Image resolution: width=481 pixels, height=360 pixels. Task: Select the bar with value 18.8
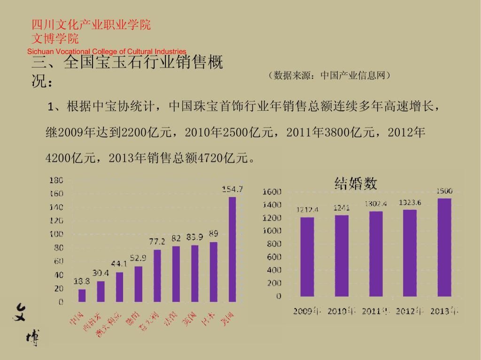(82, 295)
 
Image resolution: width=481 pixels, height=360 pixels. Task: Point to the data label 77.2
(157, 242)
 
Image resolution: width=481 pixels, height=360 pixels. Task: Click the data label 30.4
(101, 273)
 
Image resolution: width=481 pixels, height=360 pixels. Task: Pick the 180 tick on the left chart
(56, 180)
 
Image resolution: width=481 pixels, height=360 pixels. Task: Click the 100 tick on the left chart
(56, 234)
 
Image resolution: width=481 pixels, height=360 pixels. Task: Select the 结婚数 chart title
(356, 183)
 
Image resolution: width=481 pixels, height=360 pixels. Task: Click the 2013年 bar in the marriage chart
(444, 247)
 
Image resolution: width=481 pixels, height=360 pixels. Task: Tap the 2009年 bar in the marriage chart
(307, 257)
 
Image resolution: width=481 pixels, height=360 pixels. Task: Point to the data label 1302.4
(376, 204)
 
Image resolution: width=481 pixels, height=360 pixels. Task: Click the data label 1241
(341, 207)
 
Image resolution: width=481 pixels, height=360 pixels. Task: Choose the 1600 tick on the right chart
(272, 191)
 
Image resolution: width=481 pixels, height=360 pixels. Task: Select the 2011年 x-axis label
(376, 311)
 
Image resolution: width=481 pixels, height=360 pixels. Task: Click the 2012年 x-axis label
(410, 311)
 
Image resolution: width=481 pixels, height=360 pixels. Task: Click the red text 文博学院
(55, 38)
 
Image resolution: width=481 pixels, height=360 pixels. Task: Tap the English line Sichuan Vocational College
(107, 51)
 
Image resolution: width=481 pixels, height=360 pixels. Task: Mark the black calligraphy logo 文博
(27, 324)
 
